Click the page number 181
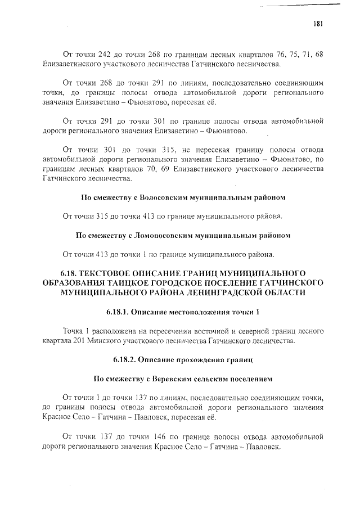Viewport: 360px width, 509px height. tap(318, 23)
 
